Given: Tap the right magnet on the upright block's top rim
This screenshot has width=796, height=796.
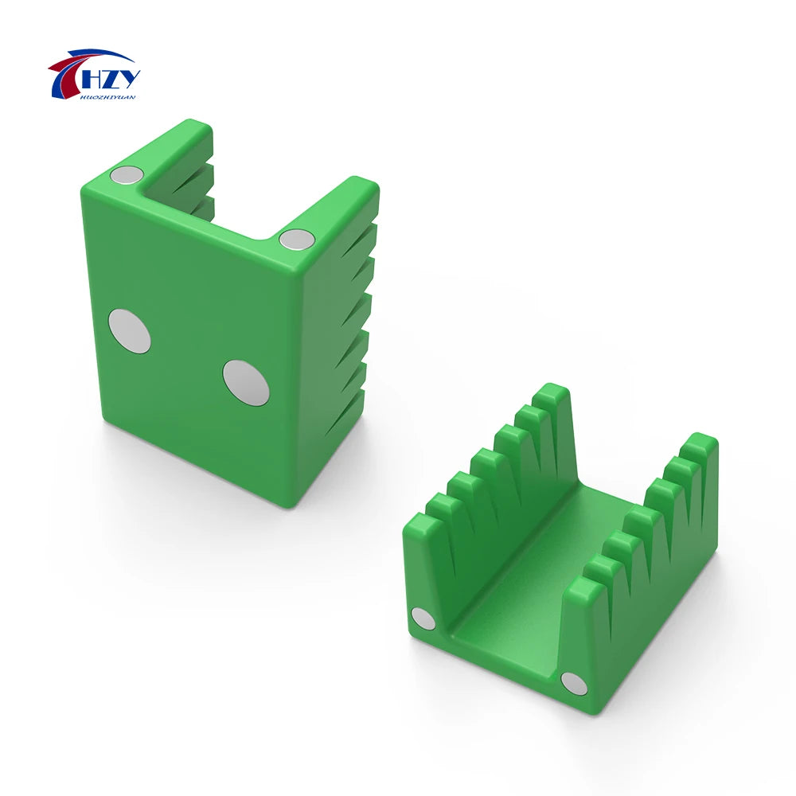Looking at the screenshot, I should click(x=298, y=238).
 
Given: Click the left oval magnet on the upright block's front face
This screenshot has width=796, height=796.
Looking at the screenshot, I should click(x=129, y=330).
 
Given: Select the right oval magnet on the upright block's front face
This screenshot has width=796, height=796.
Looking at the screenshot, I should click(x=244, y=380).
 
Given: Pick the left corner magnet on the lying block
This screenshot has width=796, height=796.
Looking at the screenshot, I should click(x=423, y=618).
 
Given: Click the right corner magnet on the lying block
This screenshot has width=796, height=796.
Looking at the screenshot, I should click(x=573, y=683).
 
